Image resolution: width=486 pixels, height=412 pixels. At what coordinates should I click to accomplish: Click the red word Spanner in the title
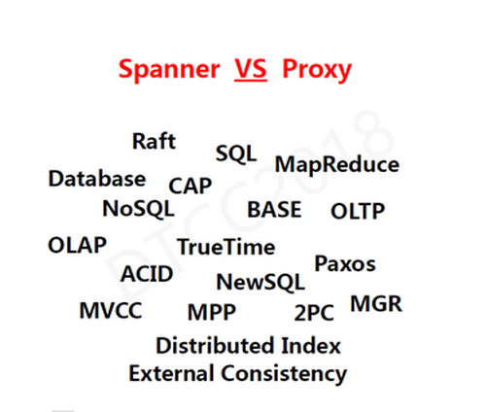(x=169, y=69)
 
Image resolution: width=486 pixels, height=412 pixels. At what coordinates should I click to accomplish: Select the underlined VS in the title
(x=251, y=69)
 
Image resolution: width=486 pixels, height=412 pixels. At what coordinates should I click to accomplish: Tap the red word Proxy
(x=317, y=70)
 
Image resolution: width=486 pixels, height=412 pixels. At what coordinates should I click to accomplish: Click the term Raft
(x=154, y=141)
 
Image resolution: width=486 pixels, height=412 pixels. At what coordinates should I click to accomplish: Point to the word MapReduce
(x=337, y=165)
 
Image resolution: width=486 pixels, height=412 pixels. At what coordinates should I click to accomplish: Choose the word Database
(x=97, y=179)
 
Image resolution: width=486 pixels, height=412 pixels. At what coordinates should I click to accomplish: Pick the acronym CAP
(x=191, y=186)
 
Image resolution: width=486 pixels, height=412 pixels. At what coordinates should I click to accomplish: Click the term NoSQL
(x=138, y=209)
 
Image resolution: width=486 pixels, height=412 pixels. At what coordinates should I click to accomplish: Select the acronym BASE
(x=274, y=210)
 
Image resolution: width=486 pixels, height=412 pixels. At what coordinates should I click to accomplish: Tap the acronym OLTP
(x=358, y=211)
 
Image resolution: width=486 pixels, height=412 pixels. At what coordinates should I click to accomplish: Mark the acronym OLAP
(x=77, y=245)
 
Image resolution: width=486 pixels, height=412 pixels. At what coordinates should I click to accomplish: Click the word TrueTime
(x=226, y=247)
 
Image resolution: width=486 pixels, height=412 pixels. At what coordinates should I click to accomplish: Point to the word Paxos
(x=345, y=263)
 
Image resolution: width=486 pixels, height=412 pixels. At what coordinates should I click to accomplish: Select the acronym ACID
(x=147, y=274)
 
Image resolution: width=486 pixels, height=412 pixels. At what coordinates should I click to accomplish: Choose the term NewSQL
(x=260, y=282)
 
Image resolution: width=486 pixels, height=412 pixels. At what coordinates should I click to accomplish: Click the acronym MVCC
(x=111, y=311)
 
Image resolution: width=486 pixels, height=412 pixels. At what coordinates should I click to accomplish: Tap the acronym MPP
(x=212, y=312)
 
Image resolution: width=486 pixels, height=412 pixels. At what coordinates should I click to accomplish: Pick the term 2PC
(x=314, y=313)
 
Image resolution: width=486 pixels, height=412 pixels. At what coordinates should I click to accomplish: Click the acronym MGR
(x=376, y=304)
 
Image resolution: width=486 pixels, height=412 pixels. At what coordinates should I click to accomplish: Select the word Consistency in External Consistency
(x=284, y=374)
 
